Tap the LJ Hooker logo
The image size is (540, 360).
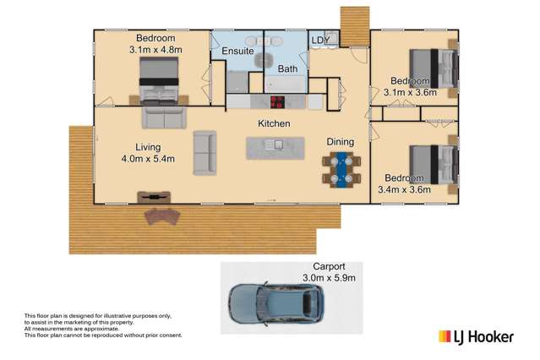[475, 336]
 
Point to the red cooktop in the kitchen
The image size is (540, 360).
[277, 102]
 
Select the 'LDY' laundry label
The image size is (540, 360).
[319, 40]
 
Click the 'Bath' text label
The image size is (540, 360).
[287, 69]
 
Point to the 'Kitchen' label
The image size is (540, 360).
[274, 124]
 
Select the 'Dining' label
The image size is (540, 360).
[340, 142]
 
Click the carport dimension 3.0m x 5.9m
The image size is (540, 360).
[330, 277]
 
